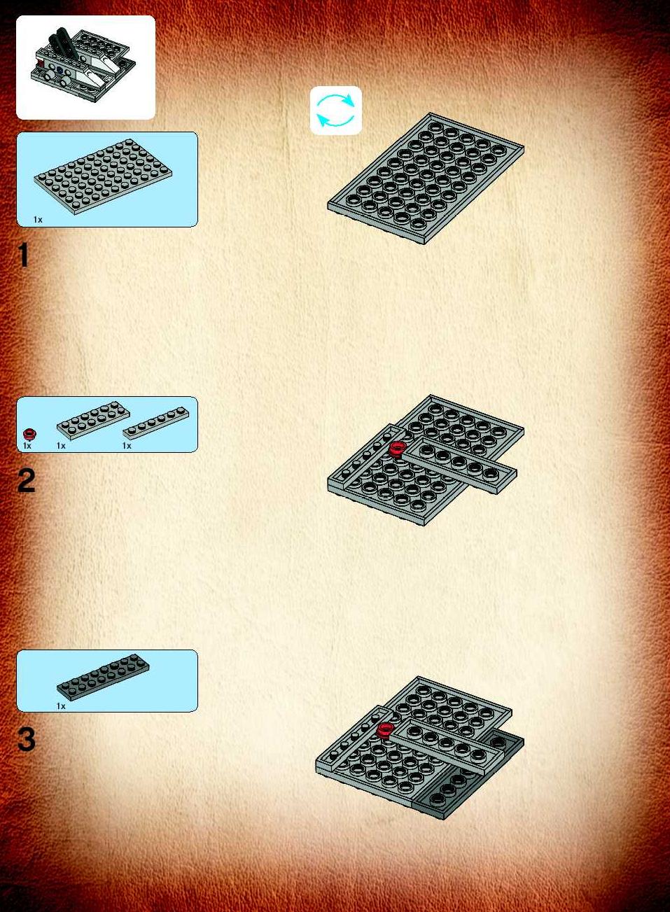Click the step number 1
24,255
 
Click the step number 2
26,481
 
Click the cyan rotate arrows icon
335,111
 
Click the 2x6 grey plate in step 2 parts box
93,421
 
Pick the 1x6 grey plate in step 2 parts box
155,423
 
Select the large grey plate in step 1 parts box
104,176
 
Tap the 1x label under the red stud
27,446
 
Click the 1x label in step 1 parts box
38,220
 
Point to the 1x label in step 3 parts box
61,706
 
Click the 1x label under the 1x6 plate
127,446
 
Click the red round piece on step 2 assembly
396,449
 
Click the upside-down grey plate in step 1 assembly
426,178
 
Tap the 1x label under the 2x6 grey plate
61,446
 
